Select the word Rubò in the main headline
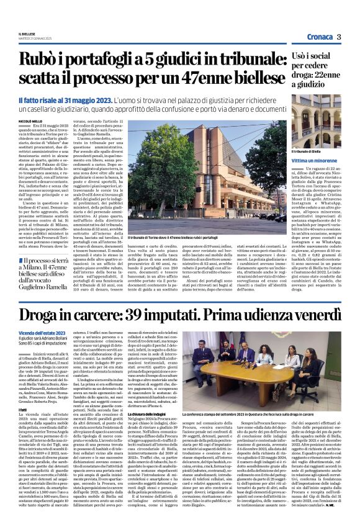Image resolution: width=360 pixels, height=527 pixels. tap(38, 60)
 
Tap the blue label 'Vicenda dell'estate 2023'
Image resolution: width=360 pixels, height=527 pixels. tap(38, 333)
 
